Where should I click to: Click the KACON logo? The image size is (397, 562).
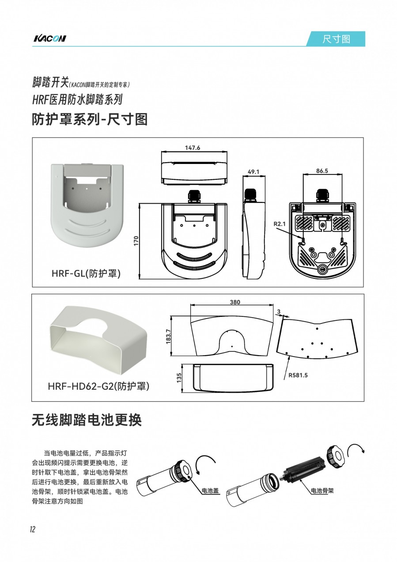(x=49, y=38)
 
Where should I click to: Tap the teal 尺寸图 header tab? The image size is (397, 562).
(x=336, y=39)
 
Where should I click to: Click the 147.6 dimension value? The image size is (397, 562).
(x=193, y=148)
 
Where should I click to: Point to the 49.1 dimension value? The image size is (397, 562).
(x=253, y=172)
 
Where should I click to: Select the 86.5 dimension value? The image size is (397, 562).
(x=322, y=171)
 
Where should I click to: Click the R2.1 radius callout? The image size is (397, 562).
(x=280, y=224)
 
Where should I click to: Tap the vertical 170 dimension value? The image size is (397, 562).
(x=136, y=241)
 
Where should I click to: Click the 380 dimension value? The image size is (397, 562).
(x=235, y=302)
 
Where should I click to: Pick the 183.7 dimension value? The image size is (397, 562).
(x=168, y=336)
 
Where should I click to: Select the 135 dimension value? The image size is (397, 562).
(x=179, y=378)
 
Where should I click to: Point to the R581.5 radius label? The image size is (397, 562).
(x=298, y=376)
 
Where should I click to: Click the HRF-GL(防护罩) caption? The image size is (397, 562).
(x=86, y=273)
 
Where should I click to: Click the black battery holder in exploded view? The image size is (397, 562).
(x=304, y=467)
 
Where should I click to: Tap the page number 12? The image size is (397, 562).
(x=33, y=529)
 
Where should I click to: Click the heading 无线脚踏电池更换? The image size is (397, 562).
(x=87, y=426)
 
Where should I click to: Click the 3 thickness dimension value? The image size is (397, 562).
(x=279, y=311)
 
